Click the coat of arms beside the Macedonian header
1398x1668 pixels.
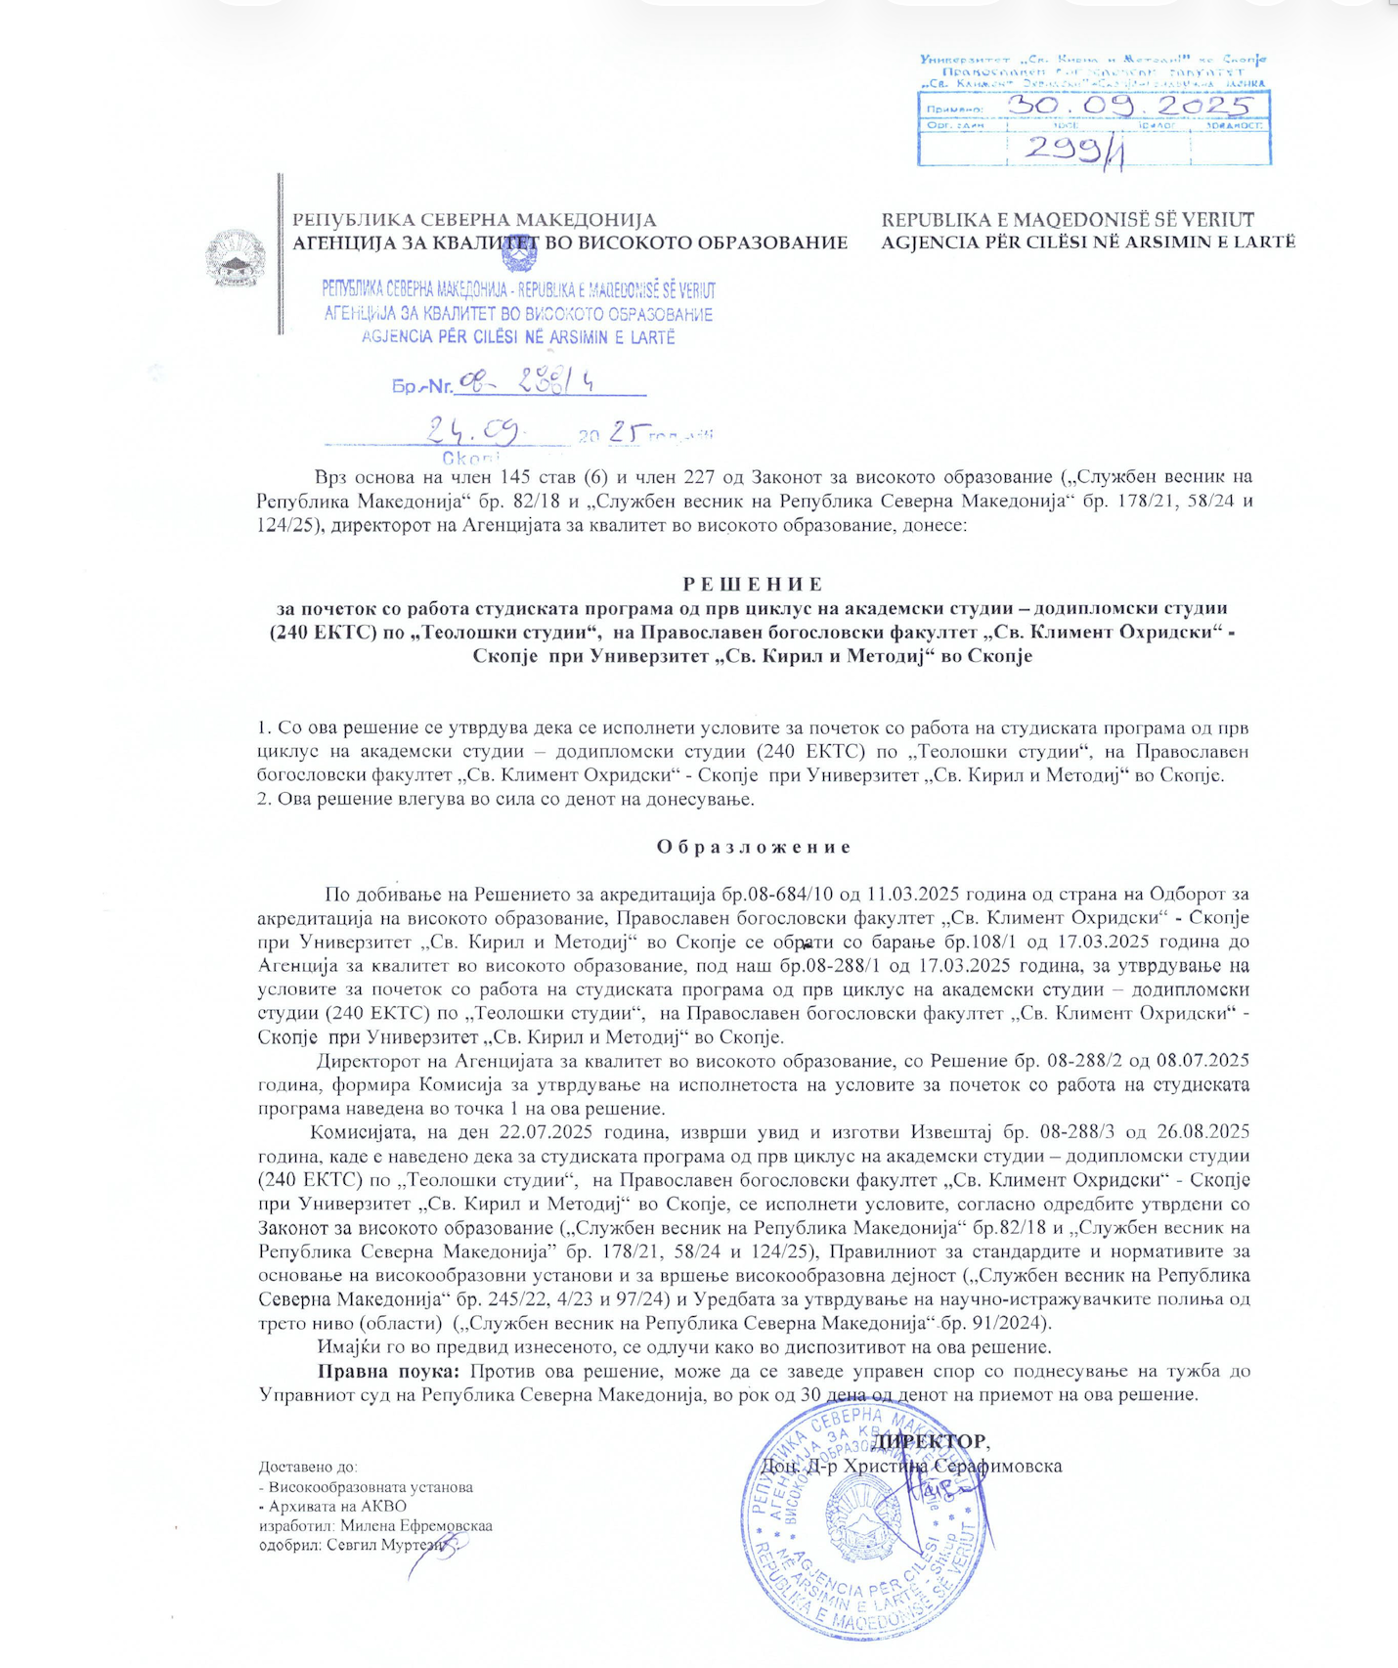coord(235,258)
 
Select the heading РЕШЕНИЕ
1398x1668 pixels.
coord(753,585)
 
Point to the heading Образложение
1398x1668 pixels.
coord(753,847)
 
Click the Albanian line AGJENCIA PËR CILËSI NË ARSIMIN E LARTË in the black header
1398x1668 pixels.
coord(1088,242)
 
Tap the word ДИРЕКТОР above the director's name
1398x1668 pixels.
coord(930,1441)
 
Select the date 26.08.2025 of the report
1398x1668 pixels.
coord(1201,1133)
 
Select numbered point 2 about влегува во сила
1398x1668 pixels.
coord(505,800)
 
